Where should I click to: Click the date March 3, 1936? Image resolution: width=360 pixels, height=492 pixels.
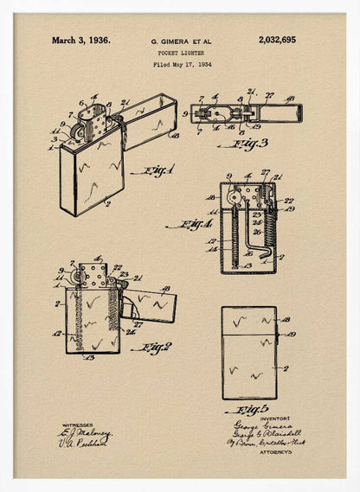click(x=80, y=40)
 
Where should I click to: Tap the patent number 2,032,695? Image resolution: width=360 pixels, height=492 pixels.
click(x=276, y=40)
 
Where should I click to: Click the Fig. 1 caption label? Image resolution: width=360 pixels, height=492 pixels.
click(x=152, y=171)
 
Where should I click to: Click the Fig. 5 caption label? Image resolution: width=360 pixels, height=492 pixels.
click(x=252, y=408)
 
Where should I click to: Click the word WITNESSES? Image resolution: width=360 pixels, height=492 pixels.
click(x=75, y=424)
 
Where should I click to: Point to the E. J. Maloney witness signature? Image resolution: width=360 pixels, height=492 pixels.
click(x=87, y=432)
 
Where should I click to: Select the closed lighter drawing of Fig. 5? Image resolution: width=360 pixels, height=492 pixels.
click(x=249, y=352)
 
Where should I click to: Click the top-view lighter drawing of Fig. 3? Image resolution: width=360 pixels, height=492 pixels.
click(x=245, y=113)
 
